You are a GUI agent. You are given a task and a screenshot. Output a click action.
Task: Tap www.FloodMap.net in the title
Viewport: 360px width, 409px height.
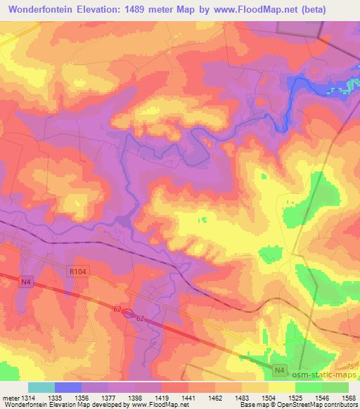point(266,8)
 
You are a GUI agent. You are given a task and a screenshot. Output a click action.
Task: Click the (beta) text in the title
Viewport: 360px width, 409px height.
point(333,8)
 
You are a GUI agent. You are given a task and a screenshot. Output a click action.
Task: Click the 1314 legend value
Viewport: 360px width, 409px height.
point(29,397)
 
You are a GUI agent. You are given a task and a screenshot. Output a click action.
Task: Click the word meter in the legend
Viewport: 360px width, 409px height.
point(10,397)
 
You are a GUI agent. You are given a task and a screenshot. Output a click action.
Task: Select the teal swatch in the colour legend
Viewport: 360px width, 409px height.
point(41,387)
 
